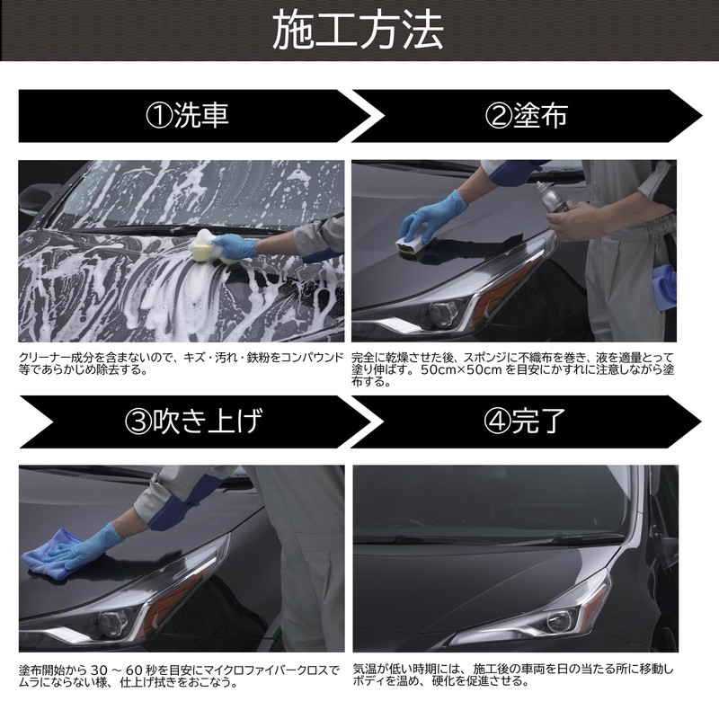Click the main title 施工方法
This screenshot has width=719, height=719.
coord(359,31)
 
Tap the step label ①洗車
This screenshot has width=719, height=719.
coord(188,116)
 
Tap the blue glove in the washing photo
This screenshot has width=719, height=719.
coord(235,245)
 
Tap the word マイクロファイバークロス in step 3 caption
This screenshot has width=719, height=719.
coord(268,670)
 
